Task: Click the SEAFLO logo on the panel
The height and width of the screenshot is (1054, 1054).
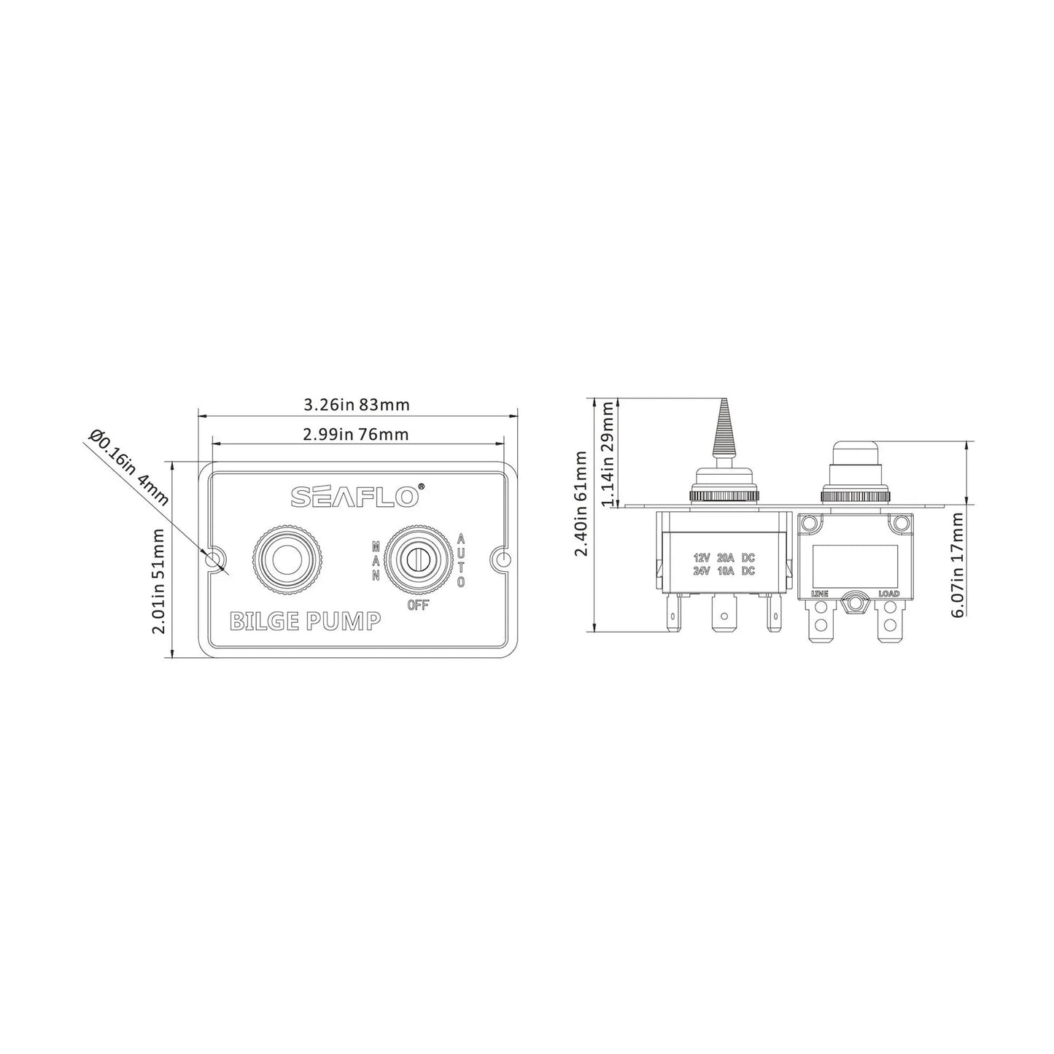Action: pos(355,496)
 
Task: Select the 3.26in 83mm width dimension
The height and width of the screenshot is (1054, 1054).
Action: pos(356,405)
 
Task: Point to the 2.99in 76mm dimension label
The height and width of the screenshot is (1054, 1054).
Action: pos(355,435)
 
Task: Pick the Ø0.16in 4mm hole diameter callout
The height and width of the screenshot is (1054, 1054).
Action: pos(128,468)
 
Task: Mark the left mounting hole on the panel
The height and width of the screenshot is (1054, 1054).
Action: pos(214,560)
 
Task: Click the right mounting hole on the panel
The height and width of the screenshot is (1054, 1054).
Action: pos(503,560)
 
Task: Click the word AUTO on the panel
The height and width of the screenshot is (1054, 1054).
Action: pos(462,560)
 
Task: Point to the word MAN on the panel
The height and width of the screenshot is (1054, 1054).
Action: pos(376,560)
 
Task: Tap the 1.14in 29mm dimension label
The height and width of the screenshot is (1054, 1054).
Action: pos(607,452)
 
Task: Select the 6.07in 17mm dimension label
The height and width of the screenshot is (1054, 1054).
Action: pos(957,564)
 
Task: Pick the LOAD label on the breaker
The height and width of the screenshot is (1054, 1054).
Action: pos(888,594)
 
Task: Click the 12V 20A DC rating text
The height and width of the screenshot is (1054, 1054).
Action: pos(724,557)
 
